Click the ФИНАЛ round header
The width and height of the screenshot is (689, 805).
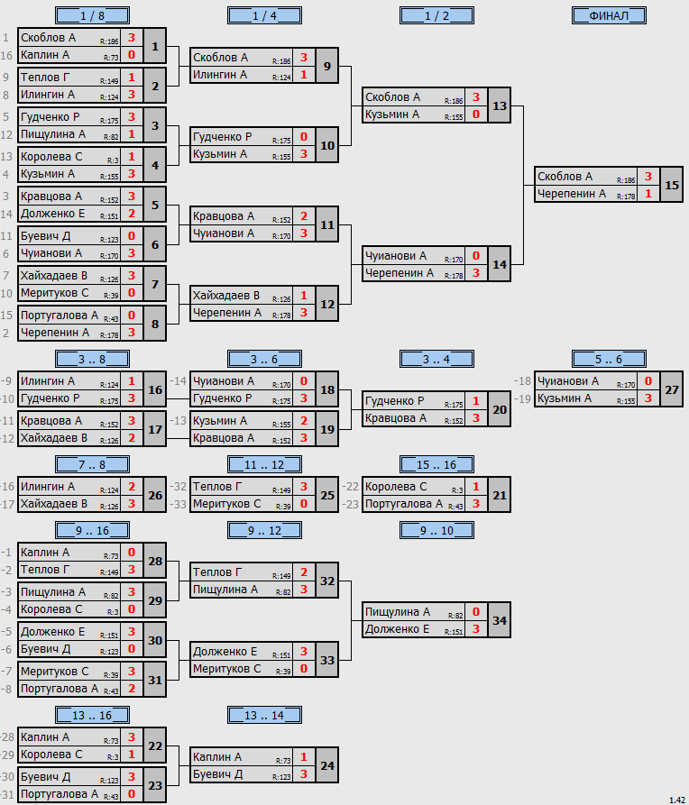point(609,16)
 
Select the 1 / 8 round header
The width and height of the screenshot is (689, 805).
point(93,16)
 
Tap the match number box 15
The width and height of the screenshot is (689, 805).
point(672,185)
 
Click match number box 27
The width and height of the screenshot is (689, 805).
point(672,389)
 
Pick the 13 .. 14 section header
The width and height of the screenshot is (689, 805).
point(264,715)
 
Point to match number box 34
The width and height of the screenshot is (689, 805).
point(500,620)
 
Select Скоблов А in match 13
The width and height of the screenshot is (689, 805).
point(392,97)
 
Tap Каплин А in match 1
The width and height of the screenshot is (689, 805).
point(45,55)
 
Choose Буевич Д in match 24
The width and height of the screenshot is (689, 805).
point(218,774)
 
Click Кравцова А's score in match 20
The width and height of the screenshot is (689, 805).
point(476,418)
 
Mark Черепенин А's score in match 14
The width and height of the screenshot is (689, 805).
point(476,273)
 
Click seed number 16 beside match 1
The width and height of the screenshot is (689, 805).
point(6,55)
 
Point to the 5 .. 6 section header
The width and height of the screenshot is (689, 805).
point(609,360)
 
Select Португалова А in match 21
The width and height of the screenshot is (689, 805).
point(404,504)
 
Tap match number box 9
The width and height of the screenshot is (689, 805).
point(327,66)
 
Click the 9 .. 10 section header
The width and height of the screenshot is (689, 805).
point(436,530)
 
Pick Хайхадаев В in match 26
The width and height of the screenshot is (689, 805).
point(54,504)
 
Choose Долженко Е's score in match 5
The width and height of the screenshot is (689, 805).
point(132,214)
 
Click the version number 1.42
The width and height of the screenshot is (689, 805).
point(677,800)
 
